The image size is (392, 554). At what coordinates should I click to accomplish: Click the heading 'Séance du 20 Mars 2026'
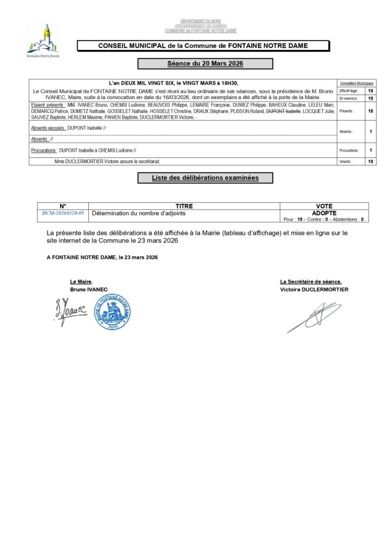[205, 64]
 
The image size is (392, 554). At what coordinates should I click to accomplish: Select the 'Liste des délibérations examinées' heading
[205, 177]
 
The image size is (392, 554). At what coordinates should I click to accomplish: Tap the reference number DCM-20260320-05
[63, 214]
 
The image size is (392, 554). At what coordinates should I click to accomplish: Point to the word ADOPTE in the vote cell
[324, 213]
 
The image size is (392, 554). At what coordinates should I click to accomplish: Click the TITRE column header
[184, 206]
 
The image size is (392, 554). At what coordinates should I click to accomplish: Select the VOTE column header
[324, 206]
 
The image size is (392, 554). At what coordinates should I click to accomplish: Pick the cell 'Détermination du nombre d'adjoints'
[139, 214]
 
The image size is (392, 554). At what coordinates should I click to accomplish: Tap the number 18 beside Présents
[370, 110]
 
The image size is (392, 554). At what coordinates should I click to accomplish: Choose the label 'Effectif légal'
[349, 91]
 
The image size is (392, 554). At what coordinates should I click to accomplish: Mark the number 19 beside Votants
[370, 161]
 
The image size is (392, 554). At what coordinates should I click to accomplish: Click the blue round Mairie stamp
[113, 312]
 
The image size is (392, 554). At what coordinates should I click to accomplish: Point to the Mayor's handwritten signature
[70, 311]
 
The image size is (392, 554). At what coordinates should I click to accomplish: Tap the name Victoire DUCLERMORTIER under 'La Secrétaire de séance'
[314, 289]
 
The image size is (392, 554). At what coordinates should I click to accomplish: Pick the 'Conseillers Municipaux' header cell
[357, 83]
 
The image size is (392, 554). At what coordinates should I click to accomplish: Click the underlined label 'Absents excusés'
[48, 128]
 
